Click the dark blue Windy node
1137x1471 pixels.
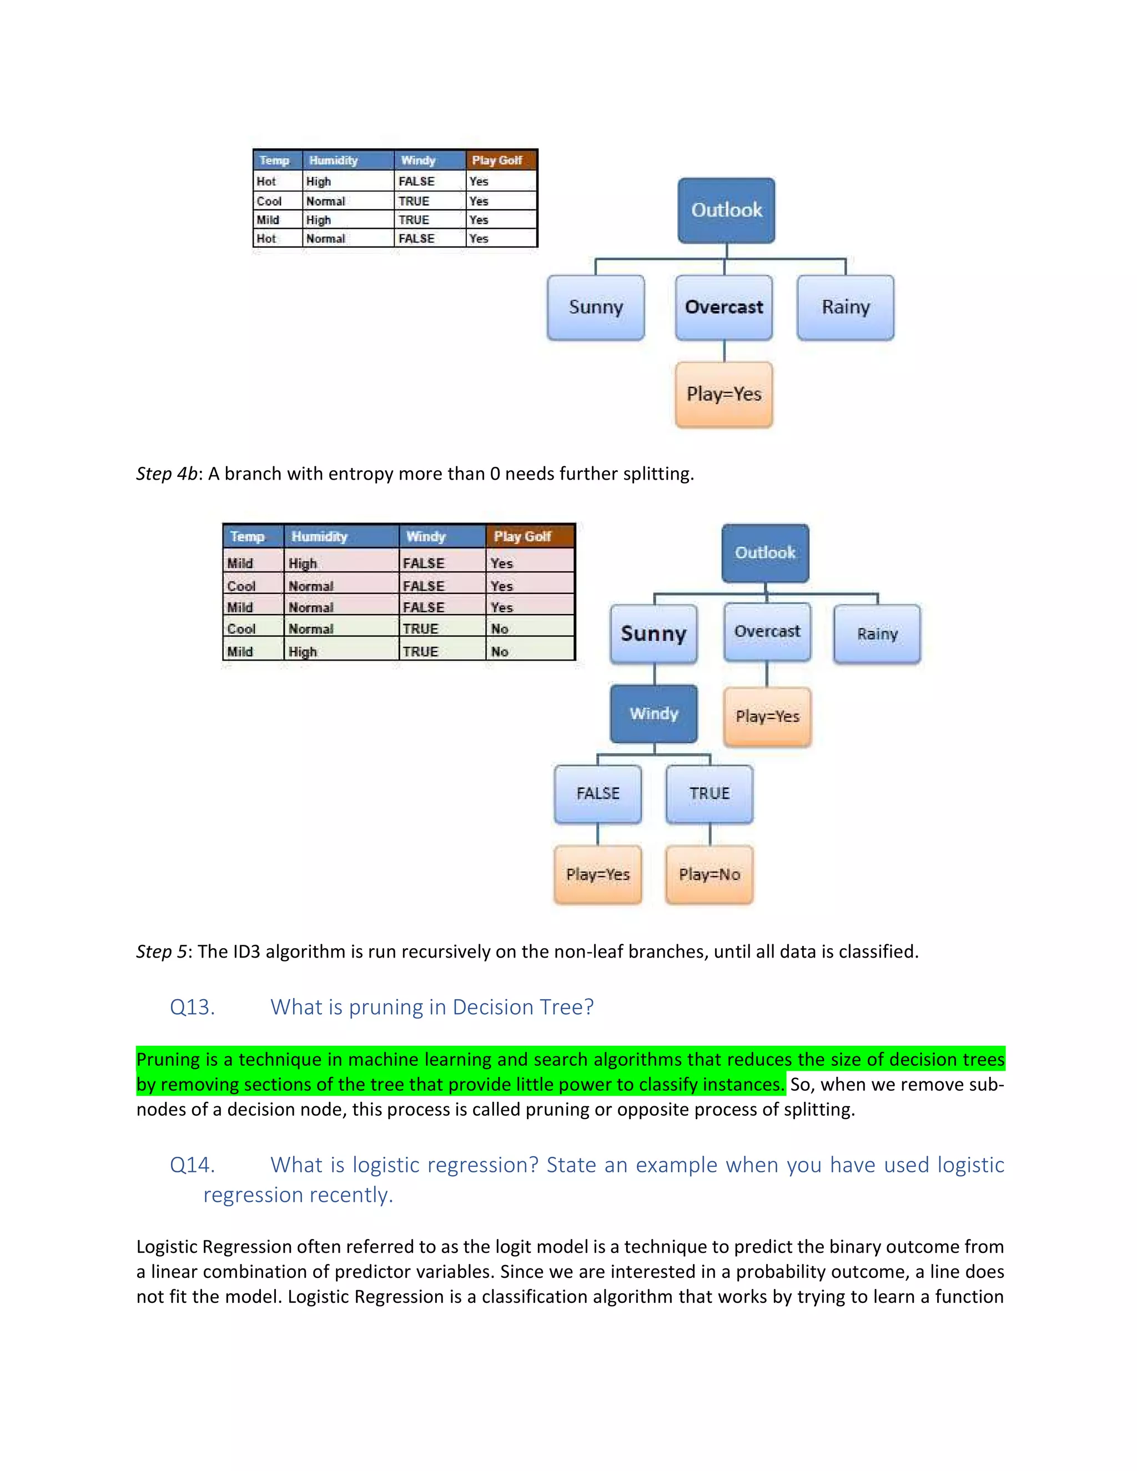(x=653, y=714)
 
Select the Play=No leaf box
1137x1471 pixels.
(x=710, y=874)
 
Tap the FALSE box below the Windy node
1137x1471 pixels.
(x=597, y=793)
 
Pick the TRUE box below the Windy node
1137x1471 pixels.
(x=710, y=793)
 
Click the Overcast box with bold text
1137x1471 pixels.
(x=724, y=307)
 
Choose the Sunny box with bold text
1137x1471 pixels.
(x=653, y=634)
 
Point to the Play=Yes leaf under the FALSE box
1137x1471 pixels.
(x=597, y=874)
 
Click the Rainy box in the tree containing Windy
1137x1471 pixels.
(x=877, y=634)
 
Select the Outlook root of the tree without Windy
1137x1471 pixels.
(x=726, y=210)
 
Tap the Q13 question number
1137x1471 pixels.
(x=192, y=1007)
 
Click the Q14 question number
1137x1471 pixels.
(x=192, y=1165)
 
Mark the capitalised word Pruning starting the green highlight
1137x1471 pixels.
(x=168, y=1060)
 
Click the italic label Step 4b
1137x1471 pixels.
(x=167, y=473)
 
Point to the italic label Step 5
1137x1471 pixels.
(x=162, y=951)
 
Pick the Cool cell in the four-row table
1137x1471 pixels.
(x=269, y=201)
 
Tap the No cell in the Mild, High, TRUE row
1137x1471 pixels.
(x=499, y=651)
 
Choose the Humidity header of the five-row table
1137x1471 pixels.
(x=319, y=537)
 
